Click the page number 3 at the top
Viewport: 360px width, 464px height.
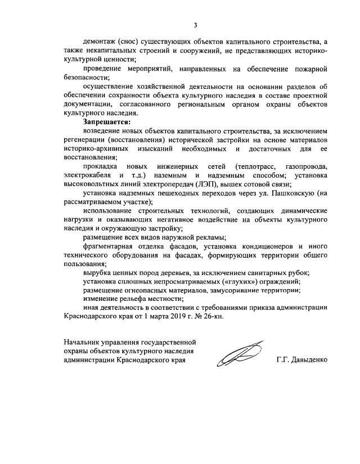[x=195, y=25]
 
